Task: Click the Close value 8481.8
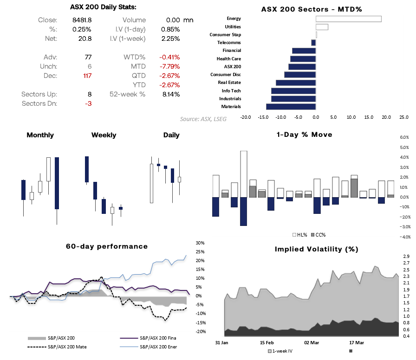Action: point(82,20)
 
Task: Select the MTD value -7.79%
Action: point(169,66)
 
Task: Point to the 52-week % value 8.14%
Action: point(170,94)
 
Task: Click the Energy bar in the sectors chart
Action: point(348,19)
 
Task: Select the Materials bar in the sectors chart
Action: point(291,107)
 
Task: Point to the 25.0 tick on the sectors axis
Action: point(404,117)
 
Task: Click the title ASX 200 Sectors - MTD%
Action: point(311,9)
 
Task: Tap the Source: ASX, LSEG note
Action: point(203,119)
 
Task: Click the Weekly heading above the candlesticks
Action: point(104,135)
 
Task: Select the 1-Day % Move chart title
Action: point(304,135)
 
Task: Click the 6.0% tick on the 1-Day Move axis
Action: point(404,138)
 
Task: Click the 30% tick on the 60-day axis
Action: point(200,243)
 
